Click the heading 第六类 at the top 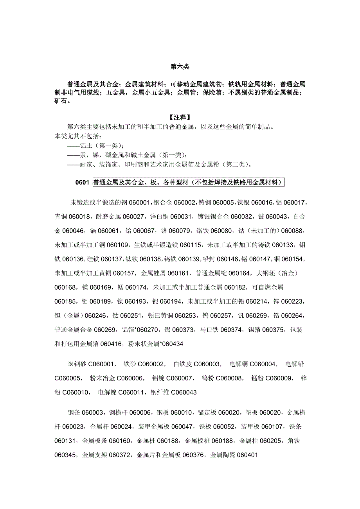coord(180,67)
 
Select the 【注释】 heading coord(180,117)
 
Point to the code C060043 coord(184,393)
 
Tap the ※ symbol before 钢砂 coord(70,364)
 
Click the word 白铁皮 coord(183,364)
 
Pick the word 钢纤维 coord(160,393)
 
